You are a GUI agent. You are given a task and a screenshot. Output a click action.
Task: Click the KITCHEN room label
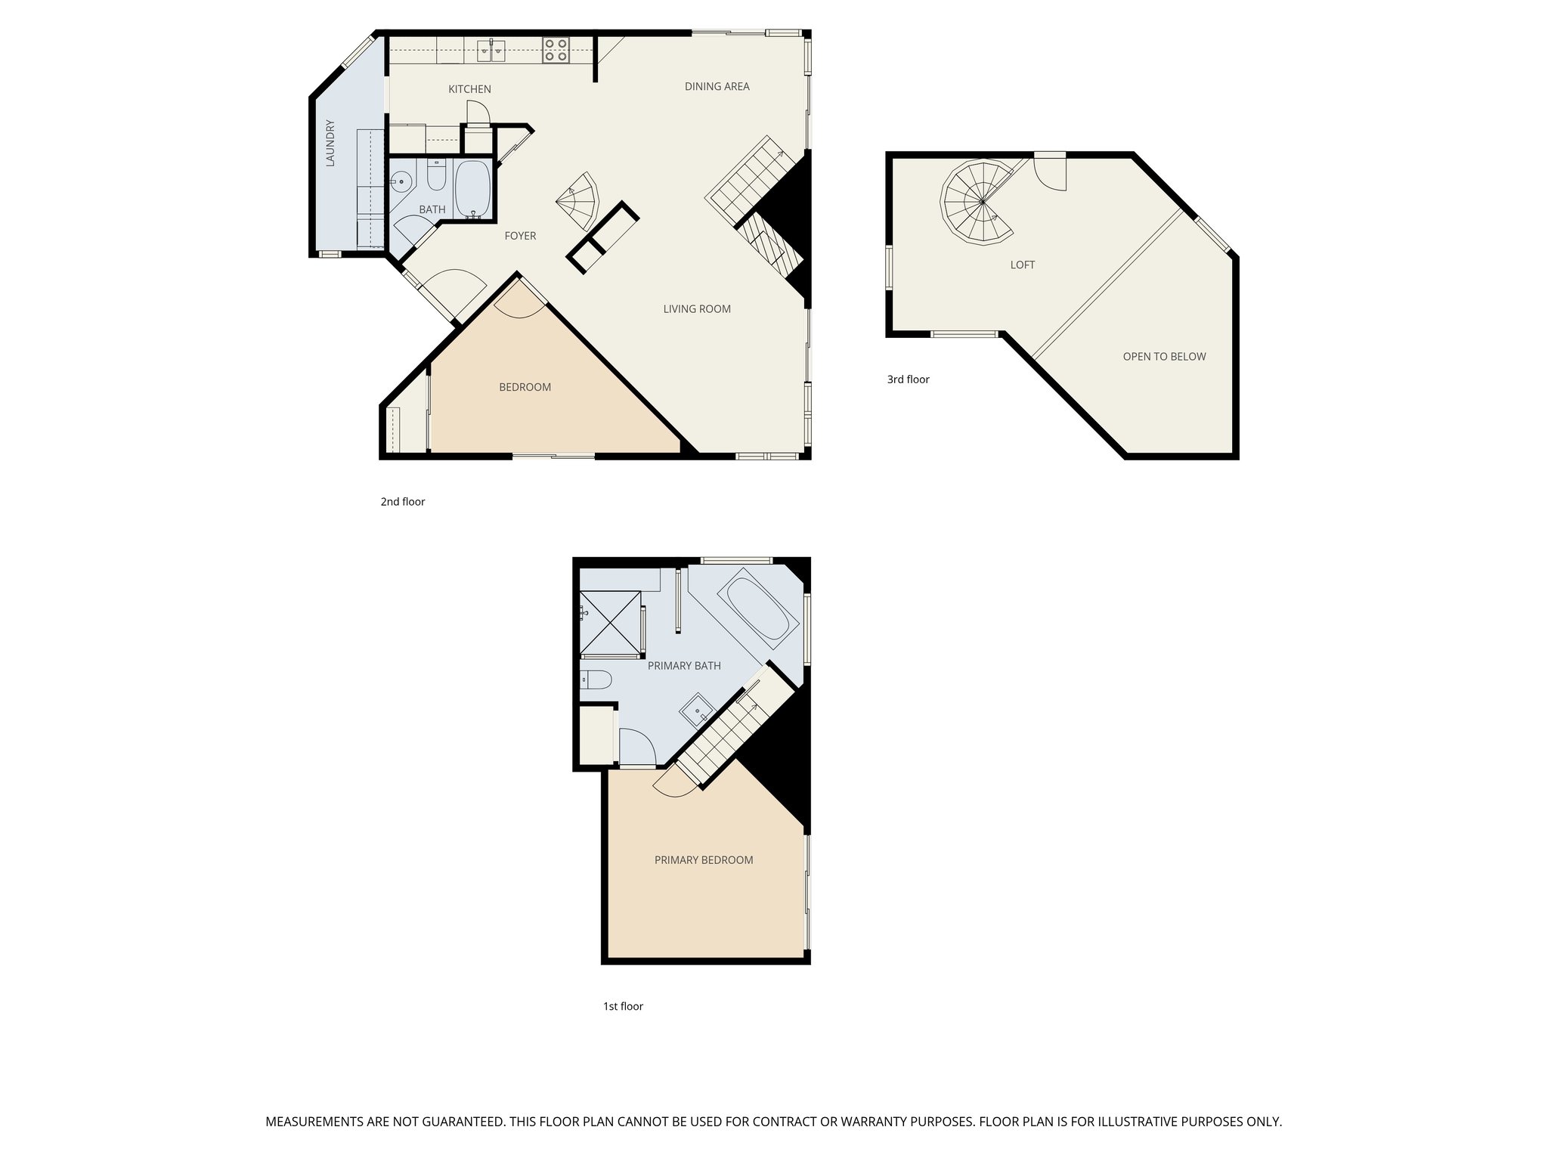pos(469,89)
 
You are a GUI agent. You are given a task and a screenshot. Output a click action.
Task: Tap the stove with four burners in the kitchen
pos(556,50)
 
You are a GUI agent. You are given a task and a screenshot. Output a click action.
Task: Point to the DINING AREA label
pos(717,86)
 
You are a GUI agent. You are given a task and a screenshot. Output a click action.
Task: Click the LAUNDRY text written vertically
pos(330,143)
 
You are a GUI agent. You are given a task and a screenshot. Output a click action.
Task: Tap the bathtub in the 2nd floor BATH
pos(473,189)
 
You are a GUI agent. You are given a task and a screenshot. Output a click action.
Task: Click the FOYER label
pos(520,236)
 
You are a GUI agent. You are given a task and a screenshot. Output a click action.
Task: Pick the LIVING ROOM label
pos(696,308)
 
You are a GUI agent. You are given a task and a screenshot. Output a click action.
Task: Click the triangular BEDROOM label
pos(525,387)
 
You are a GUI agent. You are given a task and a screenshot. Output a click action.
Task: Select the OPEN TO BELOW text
pos(1164,356)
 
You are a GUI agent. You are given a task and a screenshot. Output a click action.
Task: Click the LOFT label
pos(1022,265)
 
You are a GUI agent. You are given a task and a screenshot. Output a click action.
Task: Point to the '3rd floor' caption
pos(908,379)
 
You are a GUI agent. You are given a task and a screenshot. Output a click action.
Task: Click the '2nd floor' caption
pos(402,502)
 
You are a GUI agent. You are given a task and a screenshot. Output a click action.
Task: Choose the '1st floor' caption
pos(623,1006)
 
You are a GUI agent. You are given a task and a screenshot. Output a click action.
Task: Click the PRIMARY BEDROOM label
pos(703,860)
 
